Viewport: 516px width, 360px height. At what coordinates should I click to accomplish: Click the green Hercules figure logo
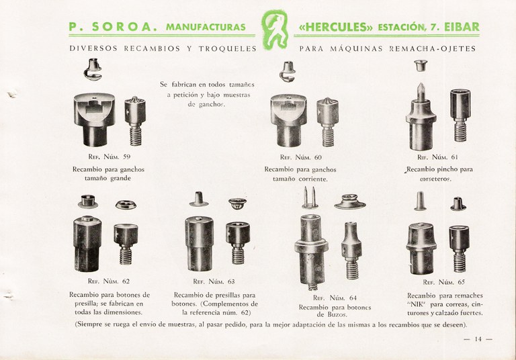click(274, 30)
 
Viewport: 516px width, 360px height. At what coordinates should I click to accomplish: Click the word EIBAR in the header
click(462, 27)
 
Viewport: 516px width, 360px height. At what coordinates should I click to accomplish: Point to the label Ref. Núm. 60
click(301, 157)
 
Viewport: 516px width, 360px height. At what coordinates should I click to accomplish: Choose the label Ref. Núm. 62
click(109, 281)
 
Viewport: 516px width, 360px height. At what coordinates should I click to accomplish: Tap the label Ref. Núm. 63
click(214, 281)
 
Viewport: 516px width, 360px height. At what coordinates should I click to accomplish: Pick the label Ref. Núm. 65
click(444, 282)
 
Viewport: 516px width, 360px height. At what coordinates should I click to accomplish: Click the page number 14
click(478, 339)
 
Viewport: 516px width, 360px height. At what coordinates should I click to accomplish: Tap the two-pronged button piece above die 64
click(310, 197)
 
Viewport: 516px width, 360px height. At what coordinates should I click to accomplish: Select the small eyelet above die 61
click(421, 65)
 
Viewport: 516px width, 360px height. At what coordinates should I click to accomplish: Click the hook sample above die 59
click(93, 69)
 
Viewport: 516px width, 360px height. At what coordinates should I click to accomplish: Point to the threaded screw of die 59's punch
click(135, 136)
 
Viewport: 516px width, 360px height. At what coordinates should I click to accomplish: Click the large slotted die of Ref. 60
click(289, 120)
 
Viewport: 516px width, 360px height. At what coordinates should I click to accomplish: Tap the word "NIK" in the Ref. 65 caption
click(417, 304)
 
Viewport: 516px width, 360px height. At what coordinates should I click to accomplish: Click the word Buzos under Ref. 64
click(337, 314)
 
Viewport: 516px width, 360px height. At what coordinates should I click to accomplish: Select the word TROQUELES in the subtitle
click(227, 49)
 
